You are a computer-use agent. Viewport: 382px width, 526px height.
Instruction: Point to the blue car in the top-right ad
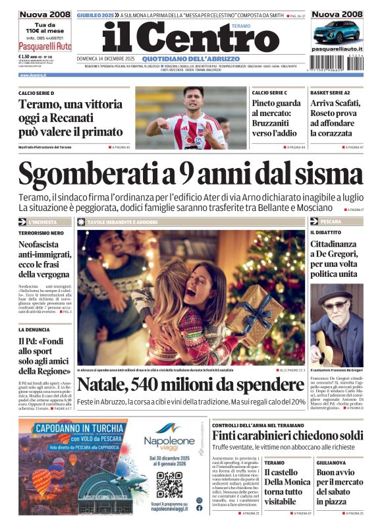pyautogui.click(x=337, y=31)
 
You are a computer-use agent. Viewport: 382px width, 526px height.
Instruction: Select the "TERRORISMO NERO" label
pyautogui.click(x=41, y=233)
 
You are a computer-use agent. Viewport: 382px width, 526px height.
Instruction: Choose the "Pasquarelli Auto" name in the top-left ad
pyautogui.click(x=45, y=47)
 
